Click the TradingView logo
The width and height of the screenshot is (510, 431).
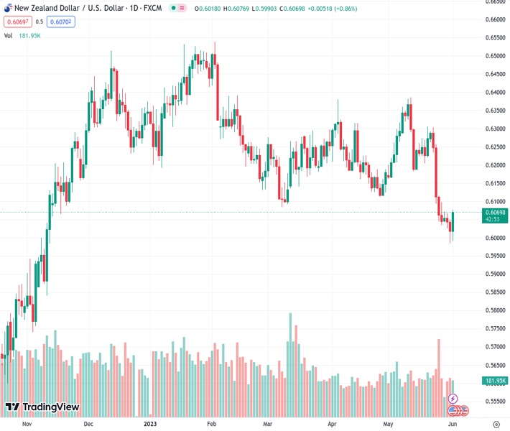(42, 407)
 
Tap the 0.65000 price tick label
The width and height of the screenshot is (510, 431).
(494, 56)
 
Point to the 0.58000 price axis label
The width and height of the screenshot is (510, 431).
(494, 310)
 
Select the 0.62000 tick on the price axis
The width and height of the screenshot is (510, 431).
(494, 165)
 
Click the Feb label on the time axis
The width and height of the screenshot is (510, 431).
(211, 425)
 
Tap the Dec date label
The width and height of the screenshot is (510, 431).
(88, 425)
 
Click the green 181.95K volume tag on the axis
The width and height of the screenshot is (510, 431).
(495, 381)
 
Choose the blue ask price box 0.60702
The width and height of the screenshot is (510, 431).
(61, 22)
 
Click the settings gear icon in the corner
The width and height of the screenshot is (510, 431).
(495, 425)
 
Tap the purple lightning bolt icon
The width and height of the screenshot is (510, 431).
(453, 398)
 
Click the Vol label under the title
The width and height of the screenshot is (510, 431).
(8, 35)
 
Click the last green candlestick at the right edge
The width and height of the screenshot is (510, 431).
(454, 221)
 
